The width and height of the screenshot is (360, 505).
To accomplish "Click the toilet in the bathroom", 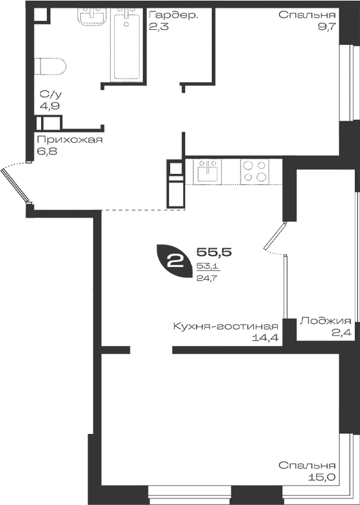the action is (50, 66).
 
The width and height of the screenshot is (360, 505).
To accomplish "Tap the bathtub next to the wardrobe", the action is (126, 44).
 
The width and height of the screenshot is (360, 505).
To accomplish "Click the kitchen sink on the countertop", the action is (207, 171).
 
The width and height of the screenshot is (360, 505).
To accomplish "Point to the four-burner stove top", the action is (254, 171).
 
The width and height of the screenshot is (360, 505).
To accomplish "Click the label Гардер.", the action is (172, 16).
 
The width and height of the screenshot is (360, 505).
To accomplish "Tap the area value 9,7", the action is (327, 26).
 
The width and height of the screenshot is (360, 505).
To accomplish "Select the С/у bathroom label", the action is (51, 94).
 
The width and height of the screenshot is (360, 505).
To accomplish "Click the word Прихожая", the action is (70, 140).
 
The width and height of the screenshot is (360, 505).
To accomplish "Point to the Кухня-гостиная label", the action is (226, 326).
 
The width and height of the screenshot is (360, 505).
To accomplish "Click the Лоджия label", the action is (325, 321).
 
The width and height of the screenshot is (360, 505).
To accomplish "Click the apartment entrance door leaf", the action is (16, 186).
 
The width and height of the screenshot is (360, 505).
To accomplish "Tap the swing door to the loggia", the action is (275, 236).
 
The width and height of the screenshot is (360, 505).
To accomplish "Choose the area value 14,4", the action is (266, 338).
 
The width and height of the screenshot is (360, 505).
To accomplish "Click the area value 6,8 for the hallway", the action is (47, 151).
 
